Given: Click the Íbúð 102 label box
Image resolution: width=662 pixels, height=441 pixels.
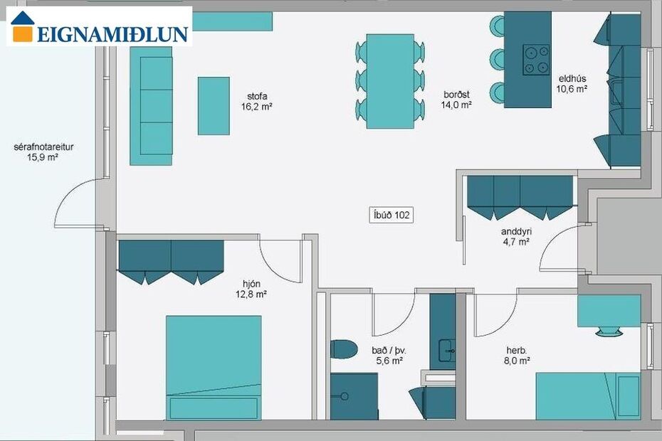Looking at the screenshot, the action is (391, 216).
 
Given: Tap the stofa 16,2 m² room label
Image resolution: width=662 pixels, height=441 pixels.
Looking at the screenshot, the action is (257, 101).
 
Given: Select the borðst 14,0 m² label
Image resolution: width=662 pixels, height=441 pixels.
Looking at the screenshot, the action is (456, 100).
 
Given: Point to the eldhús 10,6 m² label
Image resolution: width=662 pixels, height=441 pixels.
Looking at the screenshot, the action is (572, 83).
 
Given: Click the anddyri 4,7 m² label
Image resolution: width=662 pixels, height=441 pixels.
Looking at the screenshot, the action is (516, 236).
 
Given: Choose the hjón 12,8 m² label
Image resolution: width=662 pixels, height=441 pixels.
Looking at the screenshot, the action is (251, 289).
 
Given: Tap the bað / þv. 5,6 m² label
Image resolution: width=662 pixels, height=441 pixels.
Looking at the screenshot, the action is (389, 356).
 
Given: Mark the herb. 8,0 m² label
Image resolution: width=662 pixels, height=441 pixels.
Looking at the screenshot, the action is (517, 356).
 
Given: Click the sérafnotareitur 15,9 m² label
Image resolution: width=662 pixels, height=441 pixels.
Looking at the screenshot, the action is (43, 152).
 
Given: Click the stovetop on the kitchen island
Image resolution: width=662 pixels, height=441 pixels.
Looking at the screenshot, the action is (536, 60).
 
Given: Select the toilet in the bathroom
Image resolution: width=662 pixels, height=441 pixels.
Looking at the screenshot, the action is (344, 349).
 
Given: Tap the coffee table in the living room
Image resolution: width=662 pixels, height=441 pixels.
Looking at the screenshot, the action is (214, 106).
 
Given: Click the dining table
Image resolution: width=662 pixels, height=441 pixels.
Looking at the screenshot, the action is (390, 81).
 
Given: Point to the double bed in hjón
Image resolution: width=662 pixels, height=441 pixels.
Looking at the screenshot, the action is (214, 368).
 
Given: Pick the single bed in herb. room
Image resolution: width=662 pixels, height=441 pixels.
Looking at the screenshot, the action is (589, 396).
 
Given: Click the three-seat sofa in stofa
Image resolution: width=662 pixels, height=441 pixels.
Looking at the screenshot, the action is (151, 106).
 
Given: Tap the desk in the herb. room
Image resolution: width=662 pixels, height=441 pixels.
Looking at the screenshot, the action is (609, 311).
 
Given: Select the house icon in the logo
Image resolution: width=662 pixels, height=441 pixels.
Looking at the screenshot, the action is (22, 26).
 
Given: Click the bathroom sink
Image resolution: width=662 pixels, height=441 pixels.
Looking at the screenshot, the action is (447, 351).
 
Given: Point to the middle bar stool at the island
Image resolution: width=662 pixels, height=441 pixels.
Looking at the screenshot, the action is (498, 58).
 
